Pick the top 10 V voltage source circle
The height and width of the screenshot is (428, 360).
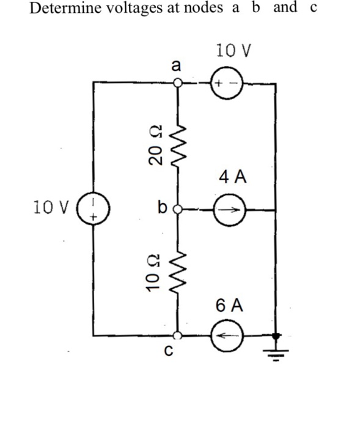pyautogui.click(x=228, y=83)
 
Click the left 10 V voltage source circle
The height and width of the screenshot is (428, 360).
pyautogui.click(x=93, y=208)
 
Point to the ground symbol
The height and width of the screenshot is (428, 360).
pyautogui.click(x=276, y=349)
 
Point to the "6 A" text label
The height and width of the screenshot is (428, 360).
pyautogui.click(x=230, y=305)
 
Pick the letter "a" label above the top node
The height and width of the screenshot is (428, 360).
pyautogui.click(x=177, y=65)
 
